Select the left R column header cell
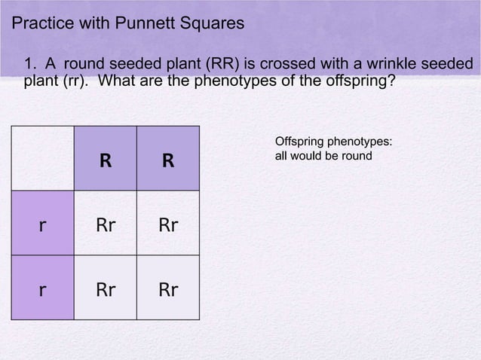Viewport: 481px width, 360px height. pyautogui.click(x=106, y=160)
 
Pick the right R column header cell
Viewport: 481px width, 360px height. pyautogui.click(x=168, y=160)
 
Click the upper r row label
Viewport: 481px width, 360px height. pyautogui.click(x=42, y=224)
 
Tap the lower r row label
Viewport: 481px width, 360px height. pyautogui.click(x=42, y=288)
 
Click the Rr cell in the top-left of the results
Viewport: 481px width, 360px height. pyautogui.click(x=106, y=224)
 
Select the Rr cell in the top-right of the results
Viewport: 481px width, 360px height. pyautogui.click(x=168, y=224)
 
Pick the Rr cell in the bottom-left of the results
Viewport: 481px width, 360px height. pyautogui.click(x=106, y=288)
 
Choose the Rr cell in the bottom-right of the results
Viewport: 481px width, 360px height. pyautogui.click(x=168, y=288)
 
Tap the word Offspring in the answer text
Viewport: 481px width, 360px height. pyautogui.click(x=300, y=142)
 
